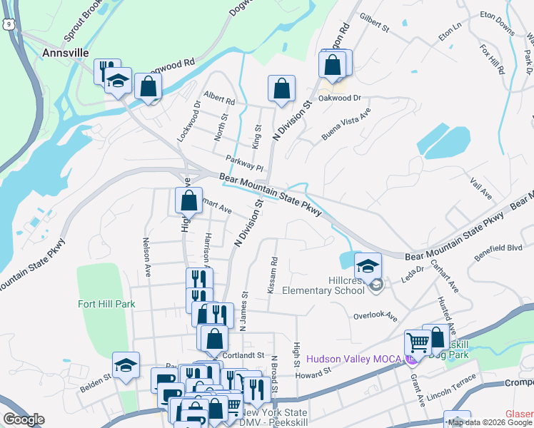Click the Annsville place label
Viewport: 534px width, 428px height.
[x=65, y=53]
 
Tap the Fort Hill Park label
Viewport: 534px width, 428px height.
[x=106, y=304]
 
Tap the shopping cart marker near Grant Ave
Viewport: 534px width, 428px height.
[x=418, y=342]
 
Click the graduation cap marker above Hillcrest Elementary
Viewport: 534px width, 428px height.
[x=368, y=266]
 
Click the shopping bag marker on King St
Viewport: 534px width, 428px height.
[x=282, y=88]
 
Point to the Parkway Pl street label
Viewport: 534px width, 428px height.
[x=245, y=163]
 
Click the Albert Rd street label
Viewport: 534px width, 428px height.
[x=218, y=98]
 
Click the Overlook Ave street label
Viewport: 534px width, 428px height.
[x=375, y=315]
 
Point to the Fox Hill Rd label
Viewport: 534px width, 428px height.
[x=493, y=61]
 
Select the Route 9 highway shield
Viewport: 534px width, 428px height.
[x=7, y=24]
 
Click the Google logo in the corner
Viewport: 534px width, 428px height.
[x=24, y=419]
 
